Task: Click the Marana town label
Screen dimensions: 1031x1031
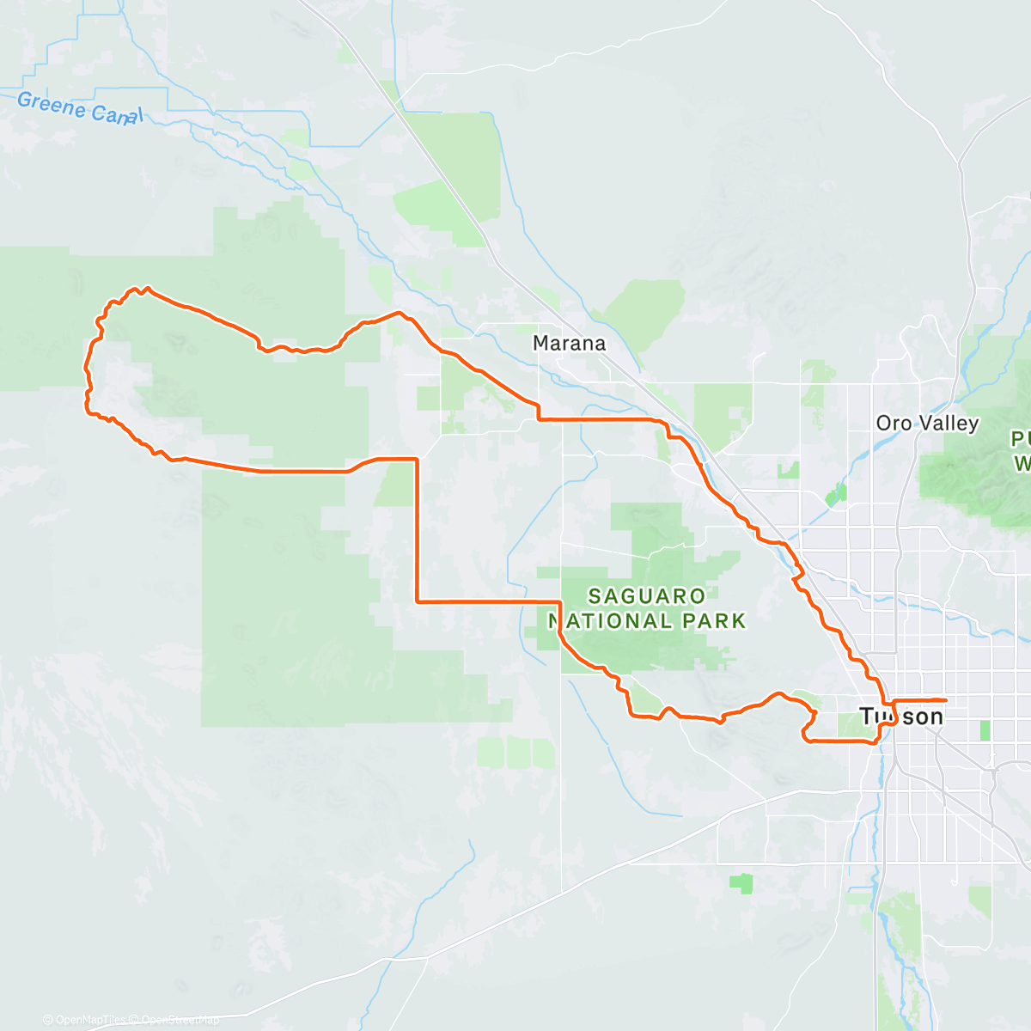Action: pyautogui.click(x=569, y=344)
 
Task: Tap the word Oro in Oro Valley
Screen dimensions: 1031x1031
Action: pyautogui.click(x=894, y=423)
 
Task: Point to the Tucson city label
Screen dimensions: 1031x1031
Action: pyautogui.click(x=901, y=716)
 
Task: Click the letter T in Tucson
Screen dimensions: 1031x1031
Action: pyautogui.click(x=866, y=716)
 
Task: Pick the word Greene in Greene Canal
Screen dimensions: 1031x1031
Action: pyautogui.click(x=52, y=105)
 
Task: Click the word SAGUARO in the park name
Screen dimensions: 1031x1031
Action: pyautogui.click(x=647, y=596)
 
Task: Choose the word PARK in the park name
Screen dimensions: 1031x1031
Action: pyautogui.click(x=717, y=620)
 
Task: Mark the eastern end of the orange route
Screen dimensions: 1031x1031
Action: pyautogui.click(x=946, y=700)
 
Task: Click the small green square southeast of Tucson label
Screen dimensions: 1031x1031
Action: pyautogui.click(x=985, y=730)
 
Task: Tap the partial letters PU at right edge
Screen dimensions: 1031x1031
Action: pyautogui.click(x=1021, y=440)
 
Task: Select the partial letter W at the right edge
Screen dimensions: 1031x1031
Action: pyautogui.click(x=1022, y=464)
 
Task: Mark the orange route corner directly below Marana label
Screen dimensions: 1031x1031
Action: pyautogui.click(x=539, y=419)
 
